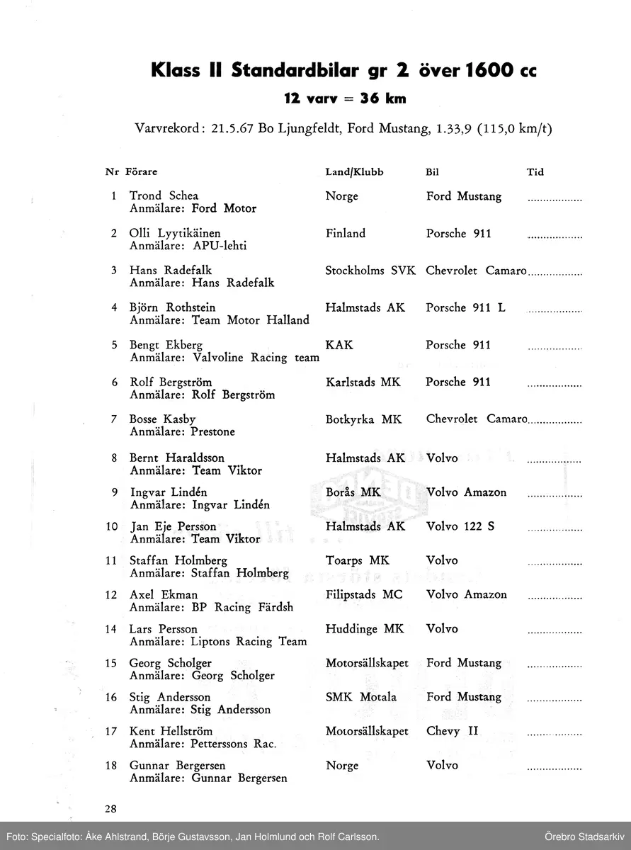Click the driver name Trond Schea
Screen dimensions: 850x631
pyautogui.click(x=164, y=195)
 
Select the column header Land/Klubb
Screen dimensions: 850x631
pyautogui.click(x=354, y=172)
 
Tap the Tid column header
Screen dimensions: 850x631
pyautogui.click(x=535, y=172)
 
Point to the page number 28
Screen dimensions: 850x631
pyautogui.click(x=112, y=809)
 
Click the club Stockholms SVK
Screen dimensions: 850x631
pyautogui.click(x=370, y=271)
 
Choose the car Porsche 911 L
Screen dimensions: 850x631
pyautogui.click(x=465, y=307)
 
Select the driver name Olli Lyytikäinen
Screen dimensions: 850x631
pyautogui.click(x=175, y=233)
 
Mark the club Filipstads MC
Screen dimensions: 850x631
pyautogui.click(x=363, y=594)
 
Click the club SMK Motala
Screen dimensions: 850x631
pyautogui.click(x=360, y=697)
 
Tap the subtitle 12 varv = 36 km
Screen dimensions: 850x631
pyautogui.click(x=345, y=98)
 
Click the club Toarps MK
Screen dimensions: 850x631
pyautogui.click(x=357, y=560)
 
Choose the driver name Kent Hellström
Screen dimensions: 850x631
pyautogui.click(x=171, y=731)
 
